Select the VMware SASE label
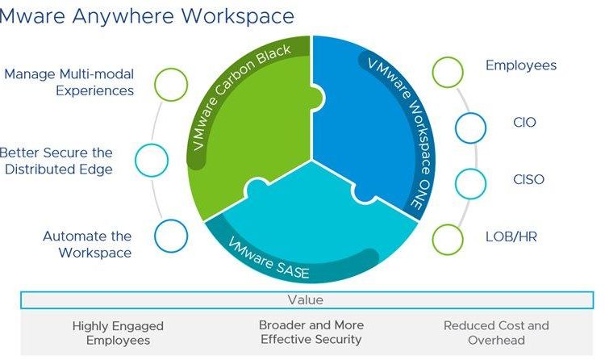click(269, 257)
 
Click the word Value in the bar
click(305, 300)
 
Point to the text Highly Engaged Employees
click(118, 333)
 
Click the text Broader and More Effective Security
click(311, 333)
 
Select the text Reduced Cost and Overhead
click(496, 333)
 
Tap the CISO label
click(528, 179)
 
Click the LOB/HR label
click(511, 237)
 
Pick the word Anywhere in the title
click(123, 16)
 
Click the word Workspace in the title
click(238, 17)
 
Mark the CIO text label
click(525, 122)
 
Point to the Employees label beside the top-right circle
click(521, 65)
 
